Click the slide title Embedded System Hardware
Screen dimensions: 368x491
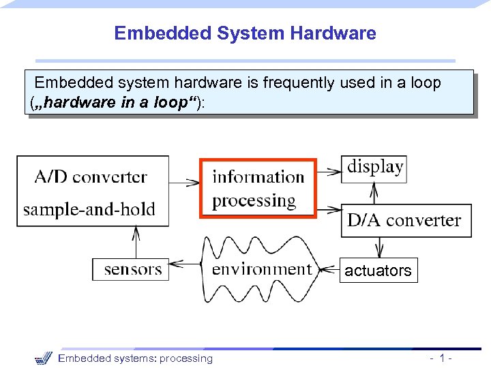tap(245, 33)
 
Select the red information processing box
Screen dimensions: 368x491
tap(258, 188)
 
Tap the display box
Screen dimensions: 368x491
tap(374, 168)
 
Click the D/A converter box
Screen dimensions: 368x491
tap(405, 220)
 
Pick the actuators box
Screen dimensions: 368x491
tap(378, 271)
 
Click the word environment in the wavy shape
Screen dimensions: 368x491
tap(261, 269)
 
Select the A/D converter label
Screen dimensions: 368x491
tap(91, 177)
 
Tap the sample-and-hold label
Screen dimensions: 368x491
tap(89, 209)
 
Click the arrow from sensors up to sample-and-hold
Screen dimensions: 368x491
tap(136, 242)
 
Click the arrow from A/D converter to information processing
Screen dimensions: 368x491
tap(183, 183)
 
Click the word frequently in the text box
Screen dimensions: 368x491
tap(301, 83)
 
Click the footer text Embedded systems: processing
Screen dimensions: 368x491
tap(135, 358)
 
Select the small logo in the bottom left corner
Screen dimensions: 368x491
tap(43, 358)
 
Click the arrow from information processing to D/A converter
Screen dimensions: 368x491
tap(328, 208)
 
